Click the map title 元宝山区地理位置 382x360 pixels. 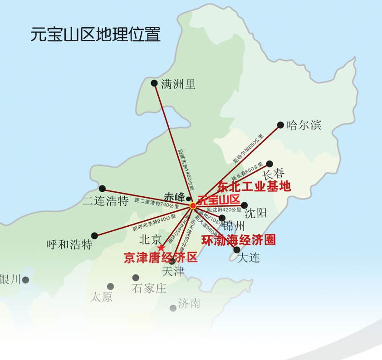coord(96,34)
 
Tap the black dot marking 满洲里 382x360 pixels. coord(154,83)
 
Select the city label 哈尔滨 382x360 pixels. coord(304,125)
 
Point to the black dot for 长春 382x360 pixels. coord(269,164)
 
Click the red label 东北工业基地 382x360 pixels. coord(254,186)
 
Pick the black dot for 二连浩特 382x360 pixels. coord(102,189)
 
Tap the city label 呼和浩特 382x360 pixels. coord(69,245)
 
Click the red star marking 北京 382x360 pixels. coord(161,248)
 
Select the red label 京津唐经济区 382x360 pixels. coord(161,258)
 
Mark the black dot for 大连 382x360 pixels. coord(237,249)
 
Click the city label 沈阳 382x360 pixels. coord(255,213)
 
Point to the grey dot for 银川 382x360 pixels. coord(26,280)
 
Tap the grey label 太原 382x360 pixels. coord(101,297)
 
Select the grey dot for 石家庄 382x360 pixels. coord(136,277)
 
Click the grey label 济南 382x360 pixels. coord(189,303)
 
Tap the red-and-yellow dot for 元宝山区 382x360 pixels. coord(193,205)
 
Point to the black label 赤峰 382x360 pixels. coord(174,198)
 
